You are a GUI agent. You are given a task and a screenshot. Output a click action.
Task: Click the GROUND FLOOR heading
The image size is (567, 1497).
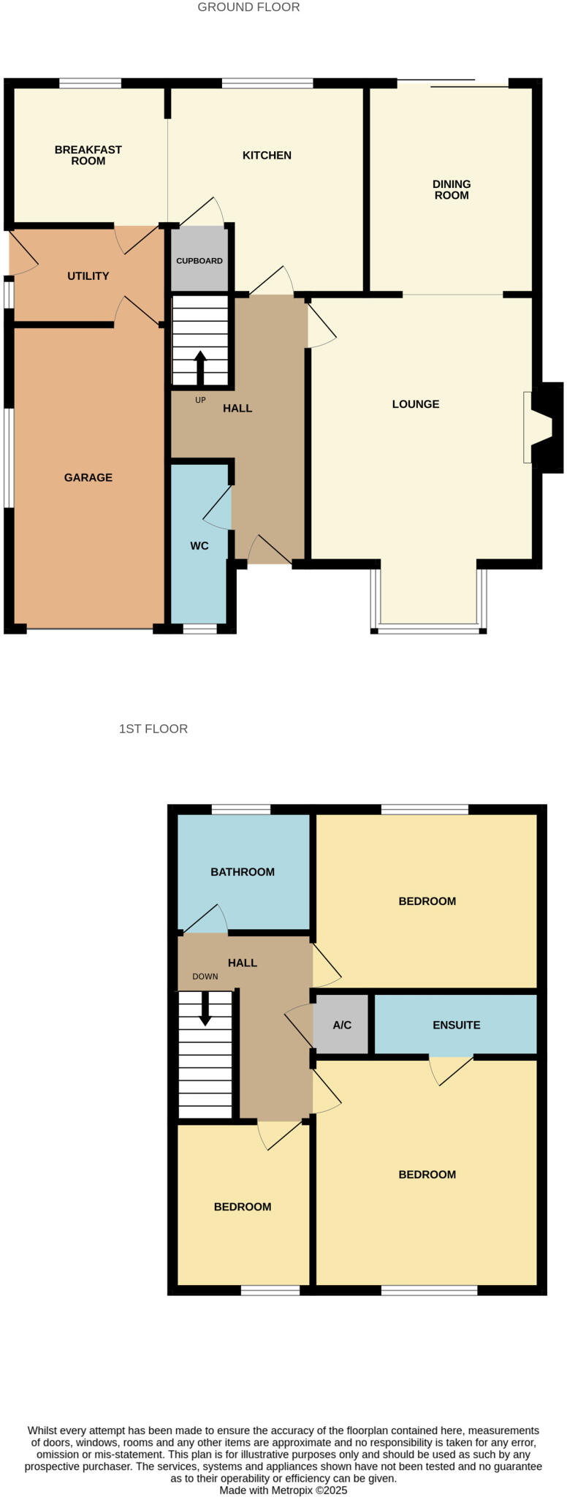[x=248, y=7]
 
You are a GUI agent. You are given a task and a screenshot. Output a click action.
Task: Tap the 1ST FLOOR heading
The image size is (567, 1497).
[x=153, y=729]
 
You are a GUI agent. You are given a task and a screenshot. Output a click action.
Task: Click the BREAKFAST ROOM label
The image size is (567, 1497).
[x=88, y=155]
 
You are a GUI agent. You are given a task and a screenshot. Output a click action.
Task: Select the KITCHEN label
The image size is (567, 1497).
[x=267, y=155]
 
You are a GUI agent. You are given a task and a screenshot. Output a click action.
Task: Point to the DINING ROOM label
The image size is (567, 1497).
[x=452, y=189]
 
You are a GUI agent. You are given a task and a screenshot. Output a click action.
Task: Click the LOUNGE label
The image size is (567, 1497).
[x=416, y=404]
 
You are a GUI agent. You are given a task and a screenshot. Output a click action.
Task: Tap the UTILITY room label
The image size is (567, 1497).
[x=88, y=276]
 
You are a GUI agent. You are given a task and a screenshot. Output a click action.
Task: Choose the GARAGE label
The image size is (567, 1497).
[x=88, y=478]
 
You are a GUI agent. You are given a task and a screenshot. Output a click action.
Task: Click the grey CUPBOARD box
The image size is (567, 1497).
[x=199, y=260]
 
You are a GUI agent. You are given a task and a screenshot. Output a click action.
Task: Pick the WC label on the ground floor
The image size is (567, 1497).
[x=199, y=546]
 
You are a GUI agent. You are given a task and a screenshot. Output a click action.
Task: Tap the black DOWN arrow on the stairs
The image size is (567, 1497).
[x=205, y=1008]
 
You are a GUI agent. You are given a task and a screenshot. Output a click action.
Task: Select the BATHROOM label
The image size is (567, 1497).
[x=243, y=872]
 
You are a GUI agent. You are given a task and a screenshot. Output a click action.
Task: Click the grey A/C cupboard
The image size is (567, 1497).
[x=342, y=1026]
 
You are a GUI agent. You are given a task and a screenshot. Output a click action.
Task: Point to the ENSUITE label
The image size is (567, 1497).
[x=457, y=1026]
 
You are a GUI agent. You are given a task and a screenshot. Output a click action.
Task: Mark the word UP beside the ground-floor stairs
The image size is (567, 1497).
[x=200, y=401]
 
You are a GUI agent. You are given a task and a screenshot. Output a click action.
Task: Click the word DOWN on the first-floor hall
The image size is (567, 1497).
[x=205, y=977]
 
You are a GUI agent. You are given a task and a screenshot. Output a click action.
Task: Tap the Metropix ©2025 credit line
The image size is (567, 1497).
[x=283, y=1490]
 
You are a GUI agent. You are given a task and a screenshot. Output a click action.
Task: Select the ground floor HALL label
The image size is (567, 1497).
[x=237, y=409]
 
